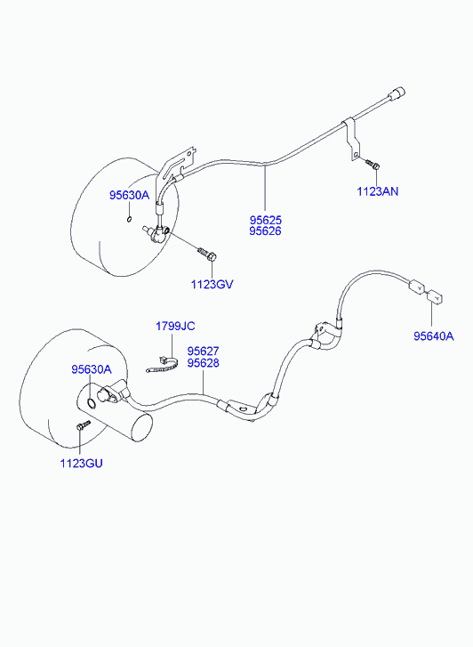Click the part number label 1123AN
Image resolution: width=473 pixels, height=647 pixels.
coord(377,191)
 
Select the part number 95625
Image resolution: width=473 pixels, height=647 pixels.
coord(265,220)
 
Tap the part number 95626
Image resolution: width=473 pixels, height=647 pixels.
coord(265,231)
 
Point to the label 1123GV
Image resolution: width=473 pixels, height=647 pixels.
coord(212,284)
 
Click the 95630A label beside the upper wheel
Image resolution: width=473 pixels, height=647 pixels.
coord(129,195)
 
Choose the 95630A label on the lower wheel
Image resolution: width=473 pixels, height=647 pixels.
coord(92,369)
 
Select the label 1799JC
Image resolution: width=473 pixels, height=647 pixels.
coord(175,327)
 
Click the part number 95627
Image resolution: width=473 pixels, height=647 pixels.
coord(204,352)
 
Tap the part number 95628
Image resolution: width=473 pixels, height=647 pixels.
coord(204,363)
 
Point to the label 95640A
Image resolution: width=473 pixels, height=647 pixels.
coord(434,336)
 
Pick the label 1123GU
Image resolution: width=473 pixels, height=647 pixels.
coord(81,464)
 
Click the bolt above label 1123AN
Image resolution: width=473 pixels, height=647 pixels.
coord(373,165)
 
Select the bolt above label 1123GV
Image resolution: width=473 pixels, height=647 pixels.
coord(207,255)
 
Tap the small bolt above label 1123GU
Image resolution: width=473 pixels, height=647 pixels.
coord(84,425)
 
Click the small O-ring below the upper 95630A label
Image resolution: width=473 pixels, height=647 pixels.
coord(129,219)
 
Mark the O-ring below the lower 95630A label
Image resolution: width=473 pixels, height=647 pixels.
coord(92,403)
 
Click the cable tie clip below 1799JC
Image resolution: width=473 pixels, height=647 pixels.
coord(164,365)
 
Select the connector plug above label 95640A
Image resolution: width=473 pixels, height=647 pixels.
coord(433,295)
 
